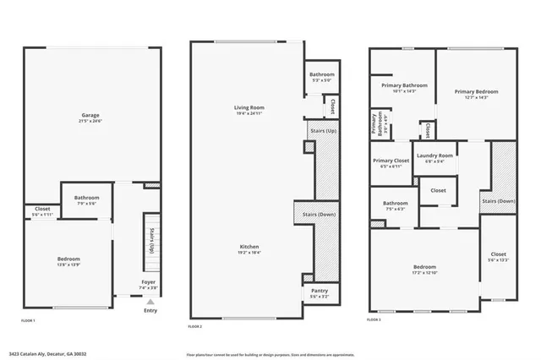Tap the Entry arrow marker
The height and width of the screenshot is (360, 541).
pos(150,301)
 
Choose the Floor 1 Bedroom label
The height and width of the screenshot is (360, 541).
pos(68,259)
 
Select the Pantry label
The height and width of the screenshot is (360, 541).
pos(320,291)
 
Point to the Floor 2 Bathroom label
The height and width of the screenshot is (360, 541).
pos(322,74)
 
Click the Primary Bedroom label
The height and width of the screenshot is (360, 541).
pos(476,91)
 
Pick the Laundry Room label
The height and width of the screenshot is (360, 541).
pos(434,155)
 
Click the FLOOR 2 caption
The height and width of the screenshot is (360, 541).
pos(195,325)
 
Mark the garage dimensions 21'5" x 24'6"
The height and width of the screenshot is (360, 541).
pos(92,120)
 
